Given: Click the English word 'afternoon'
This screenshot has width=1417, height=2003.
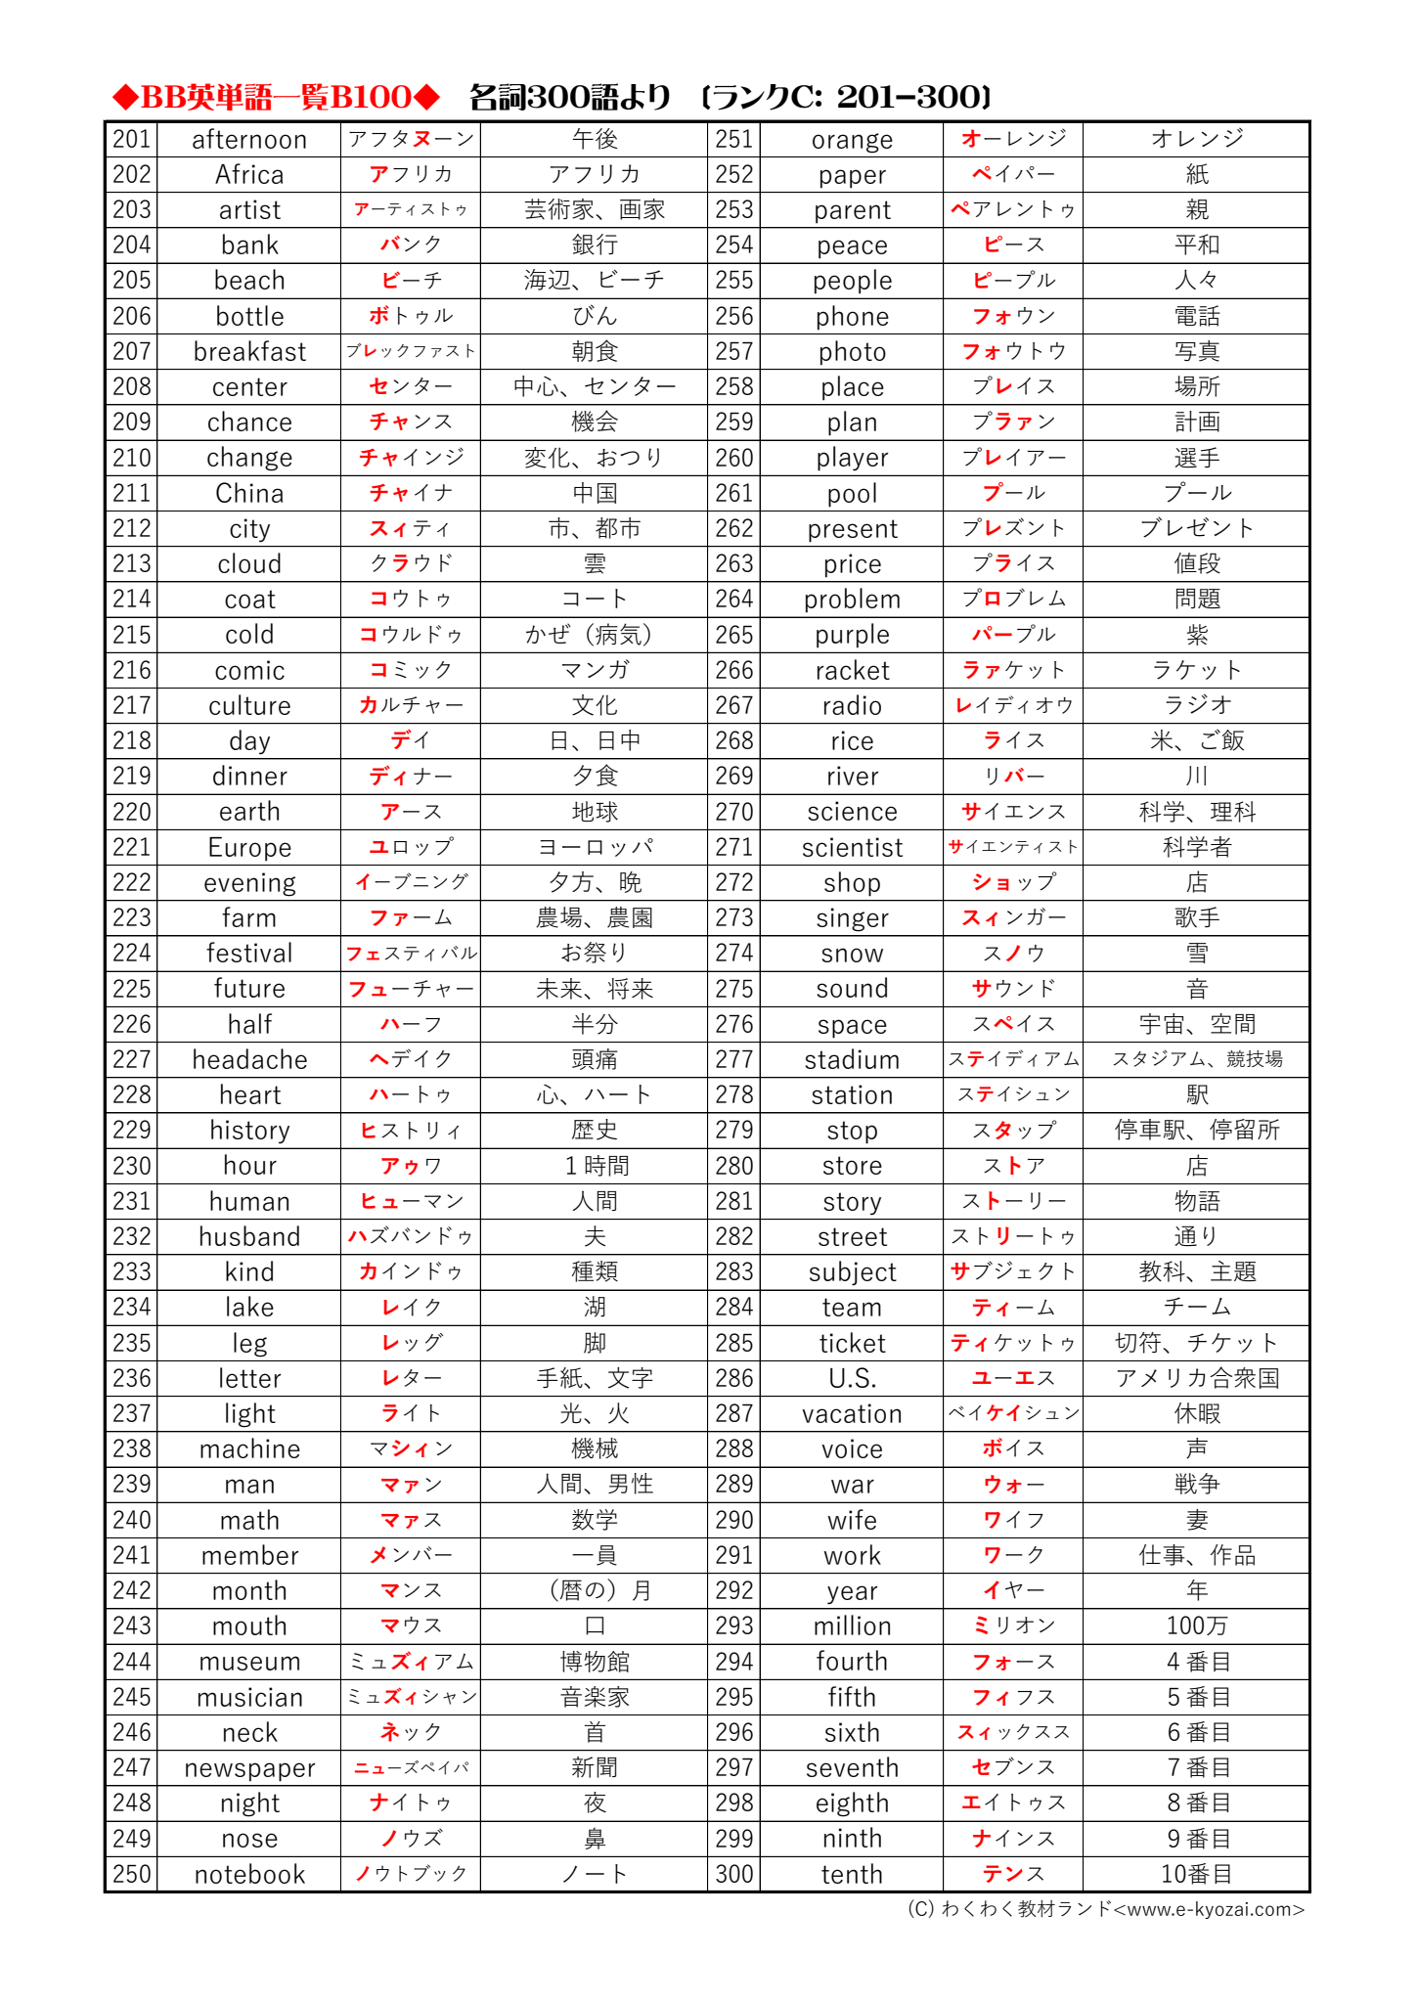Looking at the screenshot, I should tap(249, 140).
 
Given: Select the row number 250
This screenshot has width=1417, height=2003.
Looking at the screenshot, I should tap(132, 1874).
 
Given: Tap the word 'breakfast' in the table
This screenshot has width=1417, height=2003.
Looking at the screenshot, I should tap(249, 352).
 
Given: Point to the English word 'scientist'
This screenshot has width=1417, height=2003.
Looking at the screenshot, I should tap(852, 848).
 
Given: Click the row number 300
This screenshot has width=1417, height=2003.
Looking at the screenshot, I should tap(734, 1874).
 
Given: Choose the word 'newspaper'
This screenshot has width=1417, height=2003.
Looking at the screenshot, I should tap(249, 1768).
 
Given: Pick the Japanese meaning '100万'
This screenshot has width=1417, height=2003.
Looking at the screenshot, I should tap(1196, 1626).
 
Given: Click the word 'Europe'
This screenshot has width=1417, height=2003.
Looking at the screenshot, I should tap(249, 848).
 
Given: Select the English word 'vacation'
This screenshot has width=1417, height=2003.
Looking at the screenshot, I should tap(852, 1414).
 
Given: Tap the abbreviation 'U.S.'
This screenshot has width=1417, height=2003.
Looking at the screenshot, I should tap(852, 1379).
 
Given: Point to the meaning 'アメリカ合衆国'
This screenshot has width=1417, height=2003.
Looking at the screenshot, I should tap(1196, 1379).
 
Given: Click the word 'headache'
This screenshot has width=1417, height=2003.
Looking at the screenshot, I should tap(249, 1060).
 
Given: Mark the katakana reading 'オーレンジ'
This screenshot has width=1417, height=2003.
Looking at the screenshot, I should tap(1013, 140).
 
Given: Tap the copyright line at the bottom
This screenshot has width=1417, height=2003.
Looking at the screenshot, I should tap(1105, 1909).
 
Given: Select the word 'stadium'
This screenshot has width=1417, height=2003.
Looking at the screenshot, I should tap(852, 1060).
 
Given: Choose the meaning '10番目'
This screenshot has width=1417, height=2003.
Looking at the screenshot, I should tap(1196, 1874).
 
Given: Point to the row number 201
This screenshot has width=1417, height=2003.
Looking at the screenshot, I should tap(132, 140).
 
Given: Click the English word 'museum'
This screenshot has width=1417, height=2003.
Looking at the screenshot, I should tap(249, 1662).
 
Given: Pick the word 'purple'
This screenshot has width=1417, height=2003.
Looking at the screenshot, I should tap(852, 636).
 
